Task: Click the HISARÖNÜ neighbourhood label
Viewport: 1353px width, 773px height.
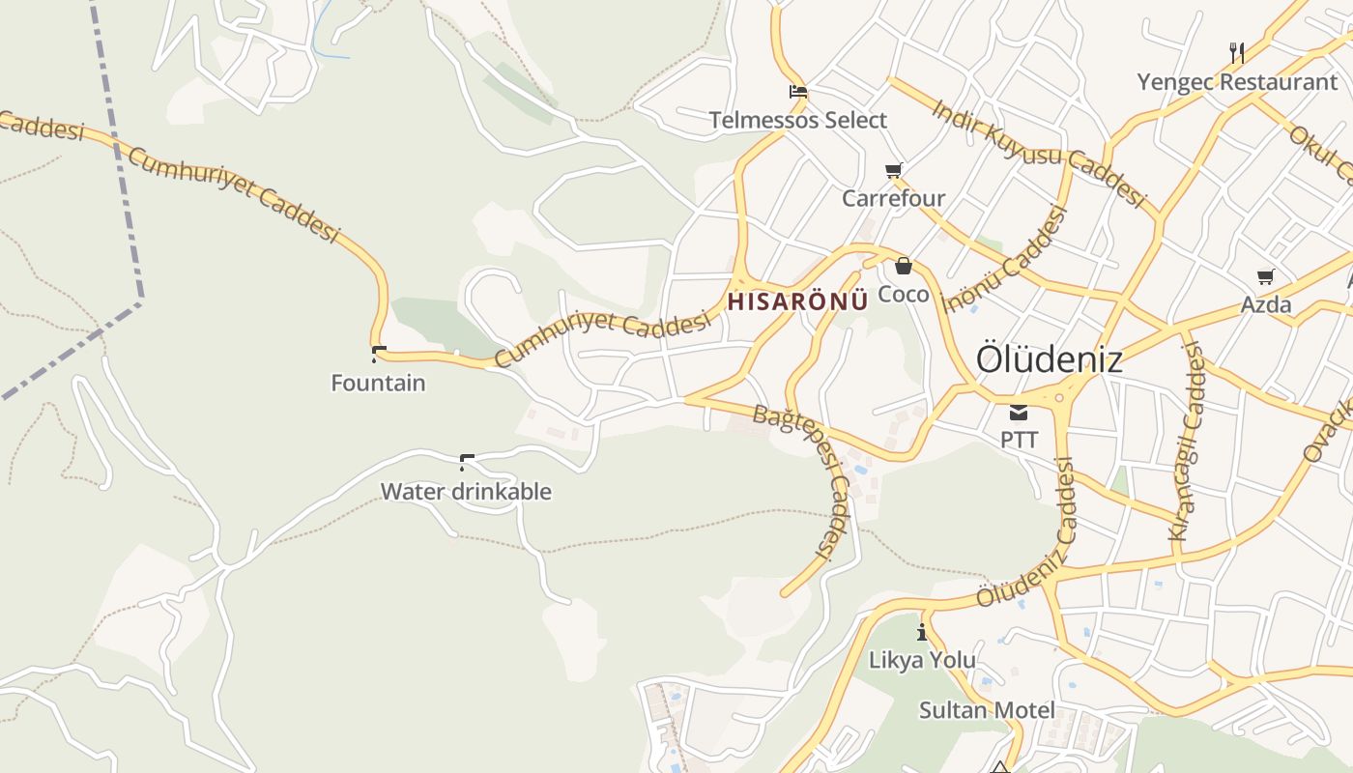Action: (797, 301)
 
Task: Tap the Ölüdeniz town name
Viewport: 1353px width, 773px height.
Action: (1049, 359)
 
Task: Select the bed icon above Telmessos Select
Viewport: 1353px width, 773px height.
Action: (798, 93)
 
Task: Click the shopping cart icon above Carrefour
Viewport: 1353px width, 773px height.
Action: (894, 171)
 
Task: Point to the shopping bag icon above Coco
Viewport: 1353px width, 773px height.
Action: (904, 266)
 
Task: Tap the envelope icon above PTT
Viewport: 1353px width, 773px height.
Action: (1019, 414)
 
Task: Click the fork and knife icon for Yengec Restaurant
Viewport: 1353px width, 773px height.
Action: (1237, 52)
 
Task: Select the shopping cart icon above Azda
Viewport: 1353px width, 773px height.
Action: (1266, 277)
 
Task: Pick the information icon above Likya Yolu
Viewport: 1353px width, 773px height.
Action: (922, 633)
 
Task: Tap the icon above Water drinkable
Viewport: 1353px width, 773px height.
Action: (467, 462)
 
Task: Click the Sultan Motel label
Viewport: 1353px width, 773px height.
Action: (987, 710)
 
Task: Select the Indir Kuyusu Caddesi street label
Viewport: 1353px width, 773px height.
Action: (1039, 154)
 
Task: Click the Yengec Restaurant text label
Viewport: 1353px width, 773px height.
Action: (1236, 82)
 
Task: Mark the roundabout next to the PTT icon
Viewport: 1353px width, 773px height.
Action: (1060, 397)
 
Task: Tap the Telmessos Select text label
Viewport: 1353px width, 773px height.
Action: (798, 121)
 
